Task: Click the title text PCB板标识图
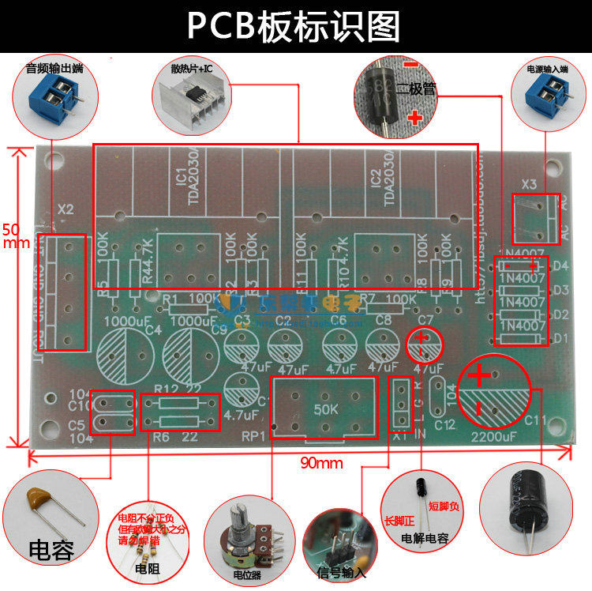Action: pos(294,26)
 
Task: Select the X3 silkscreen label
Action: pos(529,185)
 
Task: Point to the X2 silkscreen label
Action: pos(66,209)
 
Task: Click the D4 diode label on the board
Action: pos(560,265)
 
